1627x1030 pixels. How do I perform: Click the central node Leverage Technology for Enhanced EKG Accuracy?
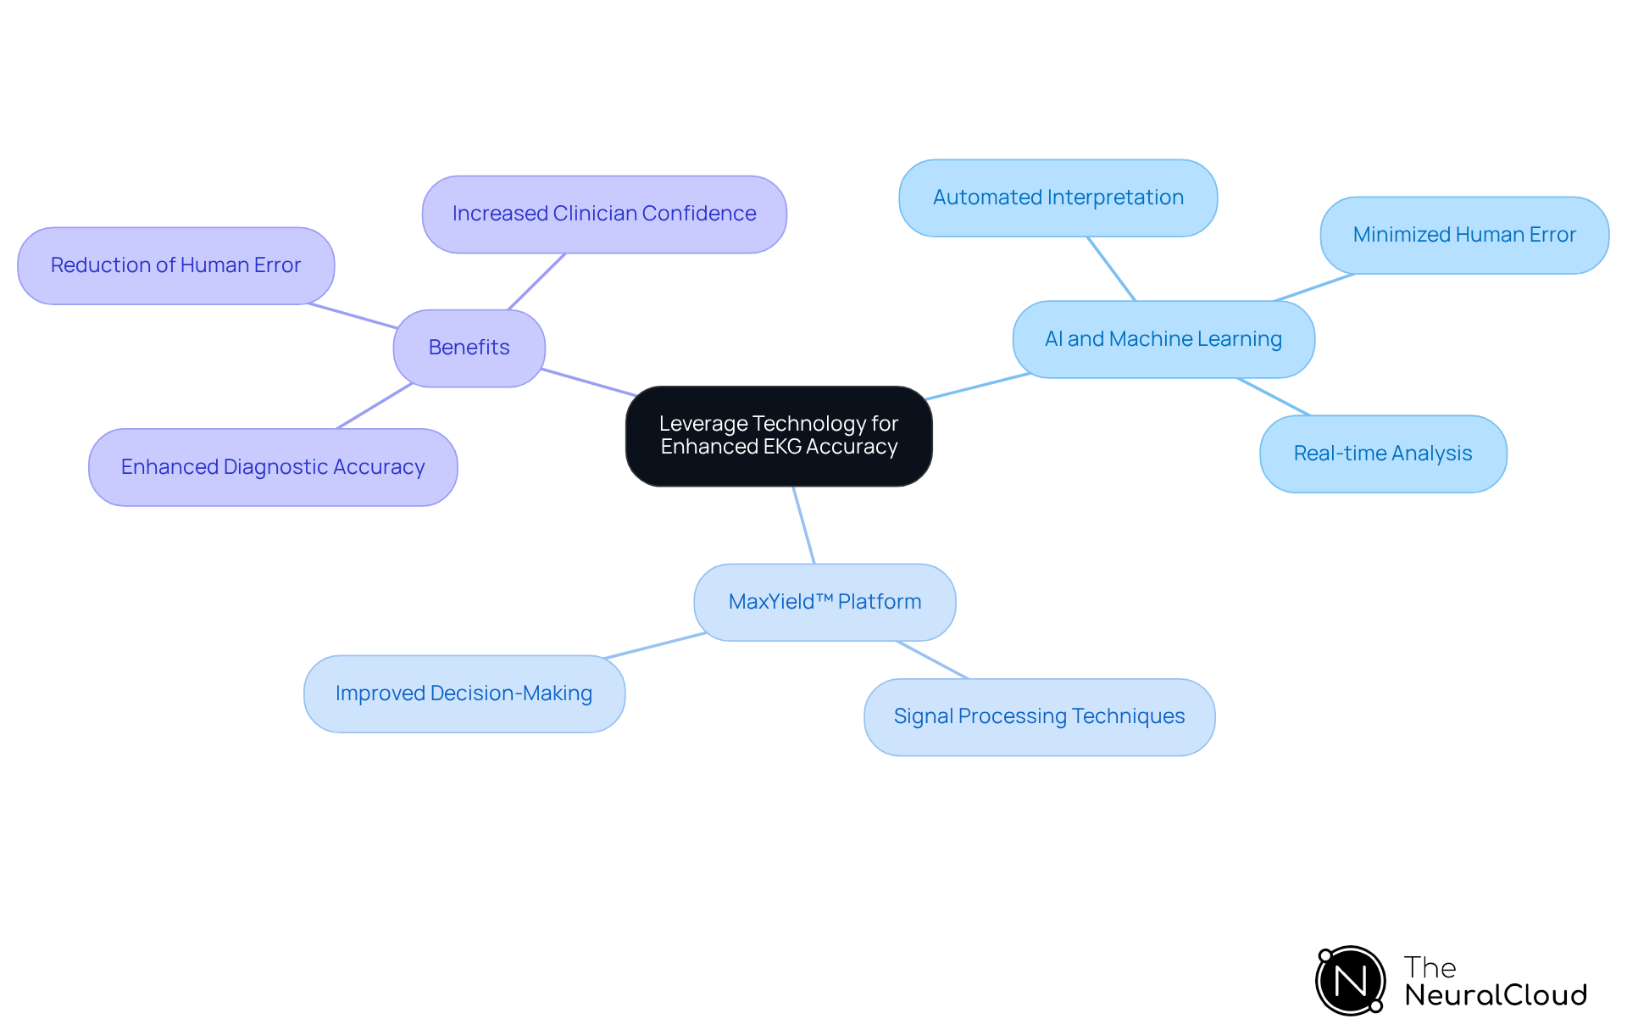779,436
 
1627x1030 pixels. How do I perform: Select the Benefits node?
469,348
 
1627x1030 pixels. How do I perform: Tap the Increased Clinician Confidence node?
604,214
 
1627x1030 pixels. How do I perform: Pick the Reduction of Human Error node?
176,265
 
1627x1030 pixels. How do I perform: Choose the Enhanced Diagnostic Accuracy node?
273,467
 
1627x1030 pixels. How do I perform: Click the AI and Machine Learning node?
1163,339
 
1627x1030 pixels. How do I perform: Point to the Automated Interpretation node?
1058,198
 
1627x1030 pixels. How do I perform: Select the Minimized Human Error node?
1464,235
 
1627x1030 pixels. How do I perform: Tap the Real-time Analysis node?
1383,454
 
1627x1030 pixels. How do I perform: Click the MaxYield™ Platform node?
825,602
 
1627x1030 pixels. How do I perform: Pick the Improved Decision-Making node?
464,693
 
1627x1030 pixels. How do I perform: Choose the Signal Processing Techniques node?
1039,716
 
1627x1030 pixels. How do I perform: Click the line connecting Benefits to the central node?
589,382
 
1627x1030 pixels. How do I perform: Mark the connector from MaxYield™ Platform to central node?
803,525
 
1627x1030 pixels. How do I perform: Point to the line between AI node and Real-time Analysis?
1274,397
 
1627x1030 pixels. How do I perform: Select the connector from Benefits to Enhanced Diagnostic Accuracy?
375,406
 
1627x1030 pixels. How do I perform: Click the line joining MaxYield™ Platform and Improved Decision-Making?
655,645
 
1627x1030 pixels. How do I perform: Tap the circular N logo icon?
1350,981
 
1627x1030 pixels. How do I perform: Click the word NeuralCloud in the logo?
1496,995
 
